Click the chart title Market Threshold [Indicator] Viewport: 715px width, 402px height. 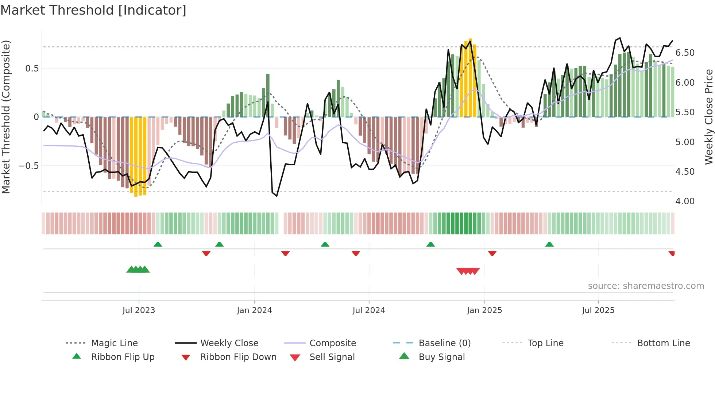coord(93,10)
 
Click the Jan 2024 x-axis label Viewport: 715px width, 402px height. coord(254,310)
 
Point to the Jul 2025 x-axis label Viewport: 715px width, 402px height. coord(598,310)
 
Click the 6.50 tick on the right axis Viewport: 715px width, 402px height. coord(685,53)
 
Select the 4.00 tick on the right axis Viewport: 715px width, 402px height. coord(685,201)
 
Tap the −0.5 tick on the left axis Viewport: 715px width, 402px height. coord(28,166)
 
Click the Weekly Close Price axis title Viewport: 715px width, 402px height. coord(708,117)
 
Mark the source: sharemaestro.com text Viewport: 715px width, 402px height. coord(646,286)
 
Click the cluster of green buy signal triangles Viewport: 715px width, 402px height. coord(138,270)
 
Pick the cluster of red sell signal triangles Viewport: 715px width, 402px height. coord(468,271)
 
